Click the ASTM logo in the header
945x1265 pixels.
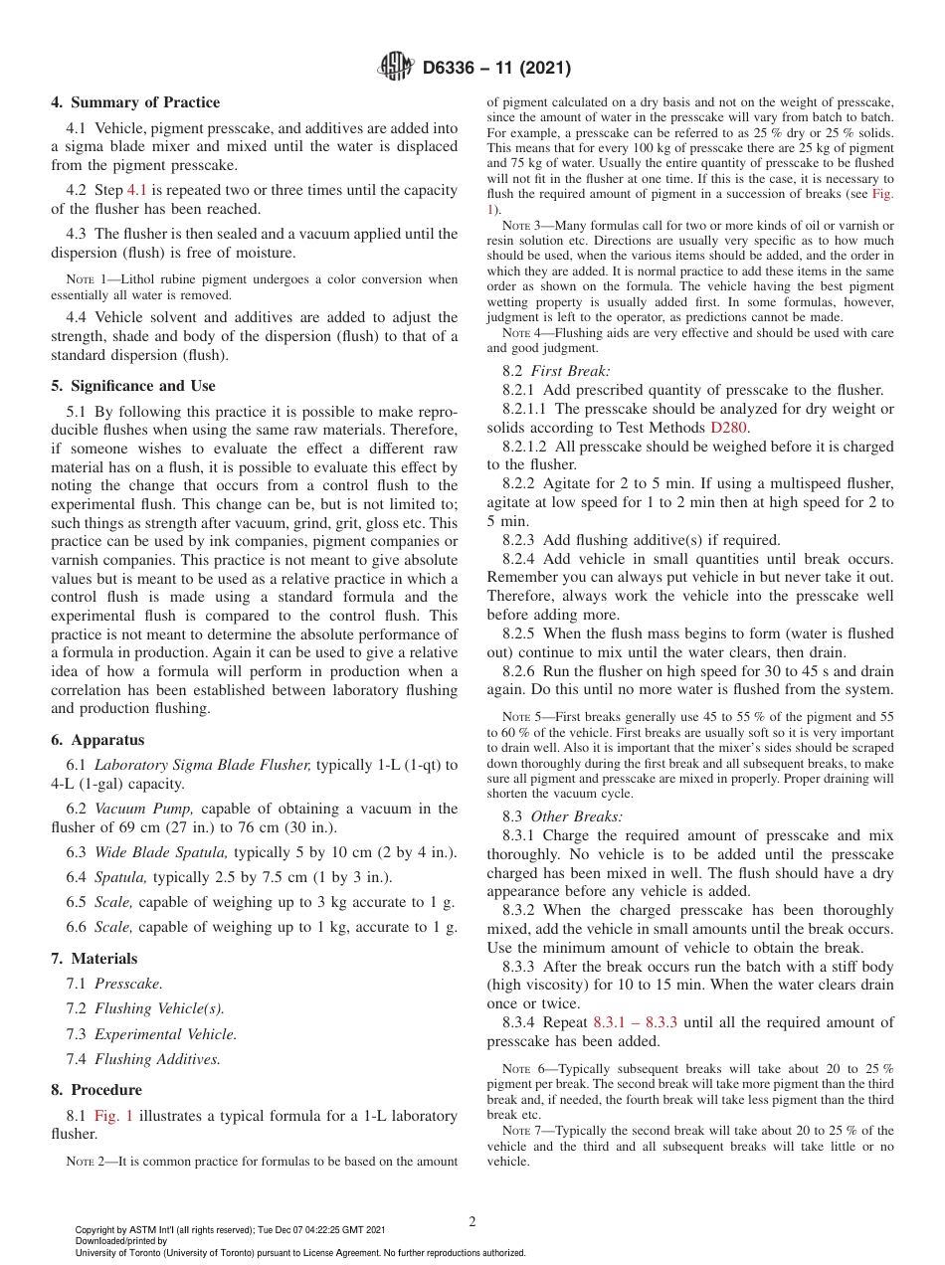tap(396, 69)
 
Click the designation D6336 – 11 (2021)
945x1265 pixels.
tap(496, 69)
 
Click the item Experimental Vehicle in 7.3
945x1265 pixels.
tap(165, 1034)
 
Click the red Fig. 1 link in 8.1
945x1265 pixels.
tap(109, 1116)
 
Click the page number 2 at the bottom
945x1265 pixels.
tap(472, 1222)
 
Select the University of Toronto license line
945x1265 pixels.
tap(300, 1253)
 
